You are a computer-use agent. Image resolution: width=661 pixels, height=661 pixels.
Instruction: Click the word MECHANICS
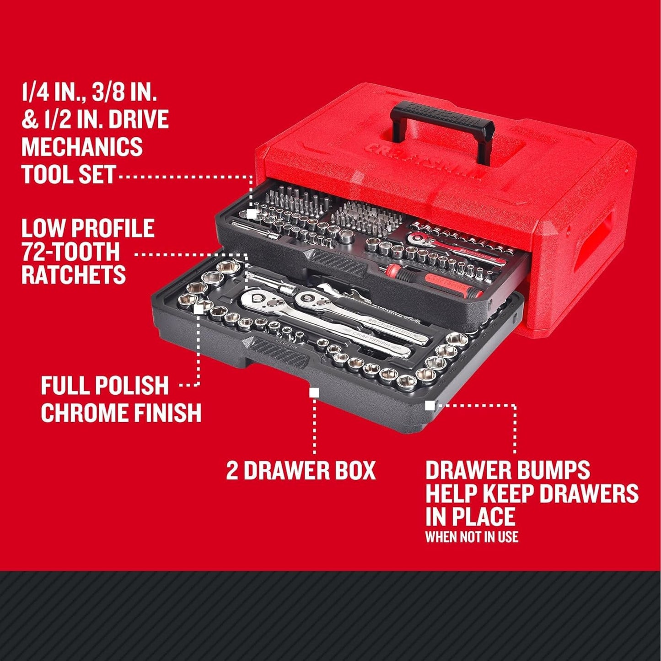pos(82,146)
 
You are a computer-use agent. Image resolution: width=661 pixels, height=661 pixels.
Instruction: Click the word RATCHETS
pos(73,275)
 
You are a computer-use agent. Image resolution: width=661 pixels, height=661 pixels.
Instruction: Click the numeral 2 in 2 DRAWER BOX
pos(232,471)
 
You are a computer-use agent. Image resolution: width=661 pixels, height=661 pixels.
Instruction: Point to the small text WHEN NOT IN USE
pos(472,537)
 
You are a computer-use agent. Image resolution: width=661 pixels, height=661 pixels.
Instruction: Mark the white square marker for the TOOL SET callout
pos(251,214)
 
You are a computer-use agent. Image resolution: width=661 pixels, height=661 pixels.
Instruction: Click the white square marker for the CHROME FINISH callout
pos(199,309)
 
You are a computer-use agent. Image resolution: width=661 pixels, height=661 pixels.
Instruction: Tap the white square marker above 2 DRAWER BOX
pos(314,392)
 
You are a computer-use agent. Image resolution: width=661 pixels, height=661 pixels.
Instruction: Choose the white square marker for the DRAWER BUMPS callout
pos(430,405)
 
